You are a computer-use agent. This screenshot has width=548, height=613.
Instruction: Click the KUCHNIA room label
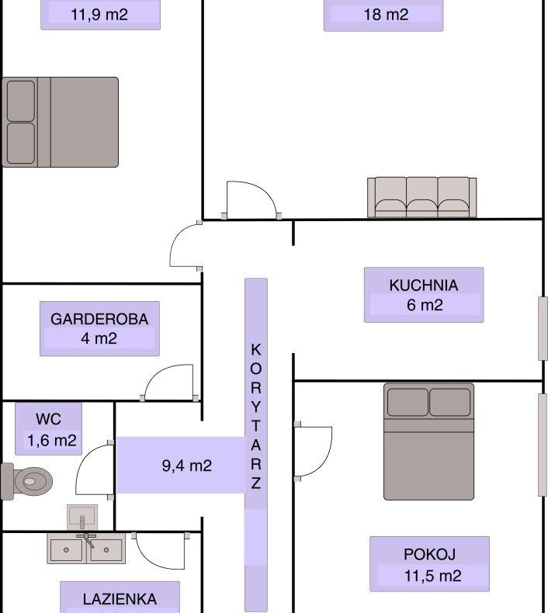424,285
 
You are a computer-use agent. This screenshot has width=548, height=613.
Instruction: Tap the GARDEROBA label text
99,319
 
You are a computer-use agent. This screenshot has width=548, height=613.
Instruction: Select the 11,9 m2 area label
99,15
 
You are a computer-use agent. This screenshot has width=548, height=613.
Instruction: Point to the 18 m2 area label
386,15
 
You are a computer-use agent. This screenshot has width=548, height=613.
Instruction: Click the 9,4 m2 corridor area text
187,466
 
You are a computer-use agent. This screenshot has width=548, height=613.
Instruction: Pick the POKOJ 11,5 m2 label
429,564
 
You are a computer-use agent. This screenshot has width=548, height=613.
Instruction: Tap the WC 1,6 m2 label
48,429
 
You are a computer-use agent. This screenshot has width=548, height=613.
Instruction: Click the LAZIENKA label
120,599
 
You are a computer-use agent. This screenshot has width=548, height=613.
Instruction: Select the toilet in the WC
26,481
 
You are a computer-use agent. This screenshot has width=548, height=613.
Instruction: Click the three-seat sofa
422,197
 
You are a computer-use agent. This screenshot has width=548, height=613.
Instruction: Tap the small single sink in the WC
82,517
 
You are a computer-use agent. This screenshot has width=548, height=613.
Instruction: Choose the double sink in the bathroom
86,549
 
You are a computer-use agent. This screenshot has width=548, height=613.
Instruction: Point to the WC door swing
95,471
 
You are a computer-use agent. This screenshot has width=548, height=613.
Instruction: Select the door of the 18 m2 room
252,199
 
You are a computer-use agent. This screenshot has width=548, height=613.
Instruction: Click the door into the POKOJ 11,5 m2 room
314,451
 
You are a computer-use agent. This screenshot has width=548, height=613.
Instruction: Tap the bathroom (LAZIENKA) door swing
161,551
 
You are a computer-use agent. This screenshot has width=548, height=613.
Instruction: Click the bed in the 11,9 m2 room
61,122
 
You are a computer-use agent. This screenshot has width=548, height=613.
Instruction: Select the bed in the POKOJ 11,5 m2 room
428,442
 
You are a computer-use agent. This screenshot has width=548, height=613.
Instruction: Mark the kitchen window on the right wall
543,328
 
